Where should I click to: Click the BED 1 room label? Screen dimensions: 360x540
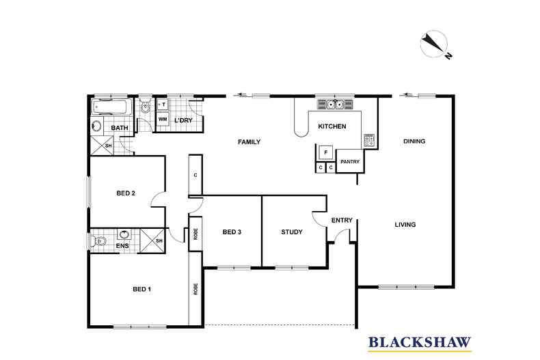tap(141, 290)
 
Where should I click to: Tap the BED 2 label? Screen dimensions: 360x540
tap(125, 193)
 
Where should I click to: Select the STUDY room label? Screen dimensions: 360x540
tap(292, 232)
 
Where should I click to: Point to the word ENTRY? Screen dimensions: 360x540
tap(342, 220)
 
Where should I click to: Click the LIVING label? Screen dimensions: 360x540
tap(405, 225)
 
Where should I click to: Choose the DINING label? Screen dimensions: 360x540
tap(414, 141)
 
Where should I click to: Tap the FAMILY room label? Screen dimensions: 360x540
tap(249, 142)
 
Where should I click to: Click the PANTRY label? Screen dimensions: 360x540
tap(350, 161)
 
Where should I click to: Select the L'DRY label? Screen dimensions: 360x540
tap(183, 121)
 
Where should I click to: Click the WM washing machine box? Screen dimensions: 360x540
tap(163, 119)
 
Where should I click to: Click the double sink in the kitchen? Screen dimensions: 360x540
tap(335, 105)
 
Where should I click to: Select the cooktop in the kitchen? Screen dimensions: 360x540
tap(369, 140)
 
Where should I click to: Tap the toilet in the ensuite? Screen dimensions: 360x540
tap(100, 240)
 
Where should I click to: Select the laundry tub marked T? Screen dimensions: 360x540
tap(163, 105)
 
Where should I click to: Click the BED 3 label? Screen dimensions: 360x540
tap(232, 232)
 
